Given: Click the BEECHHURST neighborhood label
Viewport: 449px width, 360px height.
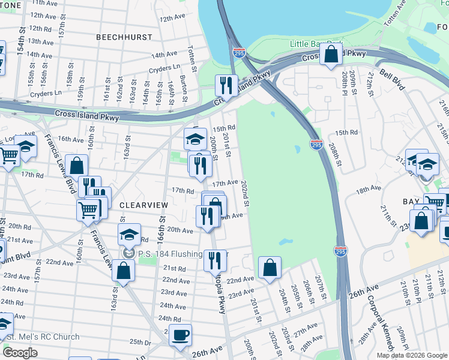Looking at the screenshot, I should [x=123, y=37].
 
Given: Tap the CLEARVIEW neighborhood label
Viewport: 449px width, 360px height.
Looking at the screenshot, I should [x=143, y=205].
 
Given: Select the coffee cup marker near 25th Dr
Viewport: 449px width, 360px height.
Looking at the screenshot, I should [x=180, y=334].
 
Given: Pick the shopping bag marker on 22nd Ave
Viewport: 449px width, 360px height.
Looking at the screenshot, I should [x=270, y=268].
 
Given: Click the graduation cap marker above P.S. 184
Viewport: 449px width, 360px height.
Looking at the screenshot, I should [x=130, y=235].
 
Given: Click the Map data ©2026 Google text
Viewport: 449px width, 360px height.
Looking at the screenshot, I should [x=412, y=355].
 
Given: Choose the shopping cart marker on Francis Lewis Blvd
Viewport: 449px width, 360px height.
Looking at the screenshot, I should [x=88, y=210].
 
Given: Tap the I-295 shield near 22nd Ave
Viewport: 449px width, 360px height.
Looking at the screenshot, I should [x=340, y=251].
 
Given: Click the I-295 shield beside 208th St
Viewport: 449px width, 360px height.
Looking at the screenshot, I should [x=316, y=144].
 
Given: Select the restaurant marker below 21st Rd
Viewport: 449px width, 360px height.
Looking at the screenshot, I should [x=215, y=260].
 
